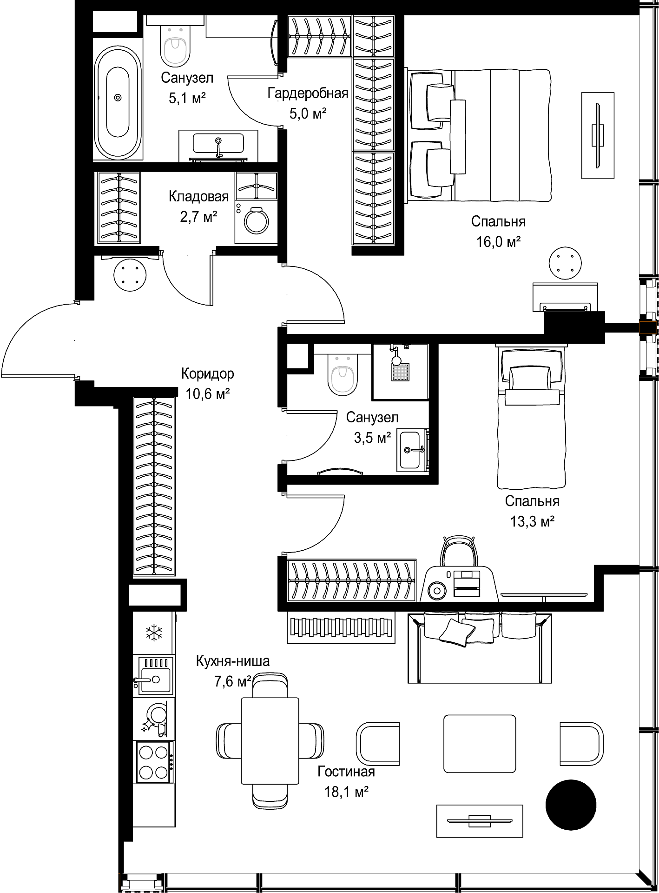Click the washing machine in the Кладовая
pos(256,222)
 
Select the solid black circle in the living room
pos(571,805)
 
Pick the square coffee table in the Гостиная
pos(480,743)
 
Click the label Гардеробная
pos(308,93)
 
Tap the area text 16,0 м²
pos(498,242)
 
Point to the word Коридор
pos(208,373)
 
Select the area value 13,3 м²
pos(533,521)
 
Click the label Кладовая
pos(199,196)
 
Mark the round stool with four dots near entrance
pos(130,275)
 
